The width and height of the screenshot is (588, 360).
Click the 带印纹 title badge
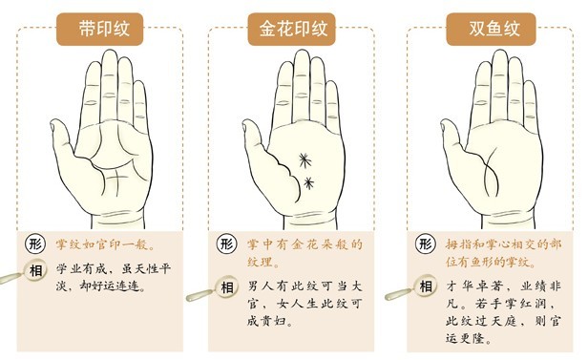[x=99, y=30]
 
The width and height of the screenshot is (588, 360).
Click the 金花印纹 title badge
[x=291, y=30]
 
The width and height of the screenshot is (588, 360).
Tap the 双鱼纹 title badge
[x=491, y=30]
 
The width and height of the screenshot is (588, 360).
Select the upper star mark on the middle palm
[x=305, y=160]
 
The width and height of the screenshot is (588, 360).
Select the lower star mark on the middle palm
[x=308, y=183]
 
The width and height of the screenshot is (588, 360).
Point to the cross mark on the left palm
[x=116, y=179]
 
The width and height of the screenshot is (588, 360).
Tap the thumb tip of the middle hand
[x=245, y=124]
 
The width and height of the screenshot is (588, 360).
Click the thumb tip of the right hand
[x=444, y=124]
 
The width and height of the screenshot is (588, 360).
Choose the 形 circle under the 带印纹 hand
[x=35, y=244]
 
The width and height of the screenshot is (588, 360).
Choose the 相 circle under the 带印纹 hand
[x=35, y=270]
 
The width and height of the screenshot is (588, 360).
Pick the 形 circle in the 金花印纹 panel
[x=226, y=244]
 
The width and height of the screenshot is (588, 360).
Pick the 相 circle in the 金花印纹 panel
[x=227, y=288]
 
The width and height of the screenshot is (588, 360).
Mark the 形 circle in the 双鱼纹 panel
[x=426, y=244]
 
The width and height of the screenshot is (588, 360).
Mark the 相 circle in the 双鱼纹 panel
[x=426, y=286]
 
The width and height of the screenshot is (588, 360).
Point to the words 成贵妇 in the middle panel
[x=265, y=321]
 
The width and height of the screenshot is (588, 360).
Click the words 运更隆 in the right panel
[x=464, y=339]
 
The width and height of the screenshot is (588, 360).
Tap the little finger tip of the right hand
[x=529, y=83]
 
